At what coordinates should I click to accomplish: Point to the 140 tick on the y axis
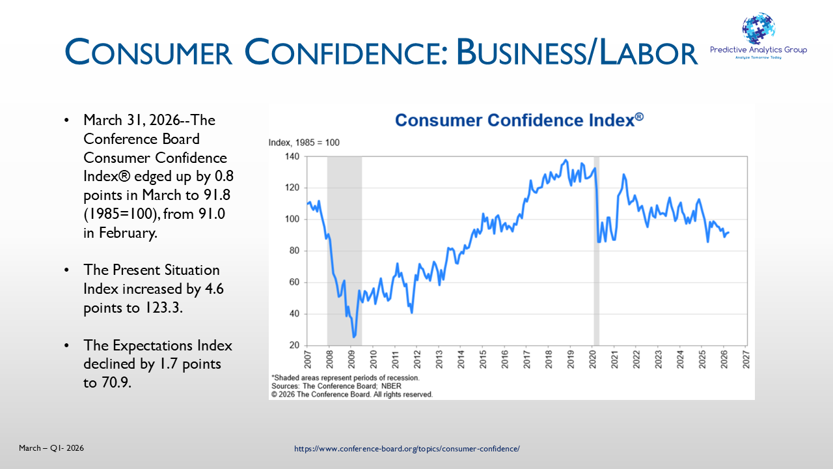(291, 157)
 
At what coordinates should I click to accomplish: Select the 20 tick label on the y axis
(294, 345)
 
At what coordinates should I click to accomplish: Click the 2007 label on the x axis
(308, 360)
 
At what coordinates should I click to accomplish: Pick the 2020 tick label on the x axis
(592, 360)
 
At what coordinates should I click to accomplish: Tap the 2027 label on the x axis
(746, 360)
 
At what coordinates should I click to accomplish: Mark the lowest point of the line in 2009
(354, 337)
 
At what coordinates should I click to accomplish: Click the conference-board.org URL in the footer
(407, 449)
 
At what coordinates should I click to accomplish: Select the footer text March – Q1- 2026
(51, 448)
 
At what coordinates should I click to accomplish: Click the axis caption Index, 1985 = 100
(304, 143)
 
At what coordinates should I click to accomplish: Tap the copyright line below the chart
(351, 394)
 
